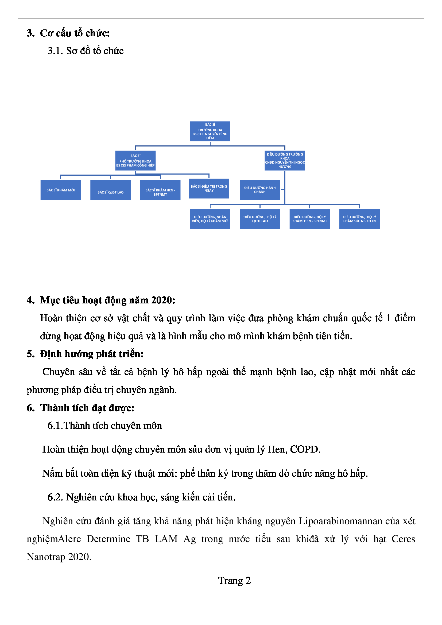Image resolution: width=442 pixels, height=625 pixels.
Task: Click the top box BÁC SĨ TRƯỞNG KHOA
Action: point(210,131)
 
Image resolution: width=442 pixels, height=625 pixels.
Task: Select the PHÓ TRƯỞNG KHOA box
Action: point(135,161)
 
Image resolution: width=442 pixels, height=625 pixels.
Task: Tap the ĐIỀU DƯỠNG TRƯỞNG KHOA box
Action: point(285,161)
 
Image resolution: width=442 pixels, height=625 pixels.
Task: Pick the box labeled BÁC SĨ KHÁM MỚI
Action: point(60,190)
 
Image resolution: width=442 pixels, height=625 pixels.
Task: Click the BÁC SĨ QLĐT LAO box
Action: point(110,190)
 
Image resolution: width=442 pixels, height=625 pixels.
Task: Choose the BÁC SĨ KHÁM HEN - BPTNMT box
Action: point(160,190)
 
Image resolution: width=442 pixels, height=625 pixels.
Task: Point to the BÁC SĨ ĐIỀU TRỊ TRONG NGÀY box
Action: point(209,189)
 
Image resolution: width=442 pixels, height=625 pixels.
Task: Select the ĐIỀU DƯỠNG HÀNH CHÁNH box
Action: point(260,190)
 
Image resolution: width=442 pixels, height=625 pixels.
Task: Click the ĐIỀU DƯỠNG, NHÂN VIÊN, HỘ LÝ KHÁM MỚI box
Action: point(210,219)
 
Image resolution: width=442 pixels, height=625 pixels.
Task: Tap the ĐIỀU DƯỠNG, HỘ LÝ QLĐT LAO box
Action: point(260,219)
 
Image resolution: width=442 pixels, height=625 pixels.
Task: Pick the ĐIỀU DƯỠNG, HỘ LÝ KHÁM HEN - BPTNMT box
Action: point(309,219)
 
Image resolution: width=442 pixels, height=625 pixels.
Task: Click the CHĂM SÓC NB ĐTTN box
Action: point(359,219)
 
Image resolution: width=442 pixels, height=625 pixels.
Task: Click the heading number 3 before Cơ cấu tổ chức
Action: point(30,33)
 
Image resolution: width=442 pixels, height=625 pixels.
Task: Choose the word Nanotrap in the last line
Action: point(46,557)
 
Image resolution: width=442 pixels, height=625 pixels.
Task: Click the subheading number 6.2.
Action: point(55,497)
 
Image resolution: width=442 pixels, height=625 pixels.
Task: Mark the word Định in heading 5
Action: point(51,354)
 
